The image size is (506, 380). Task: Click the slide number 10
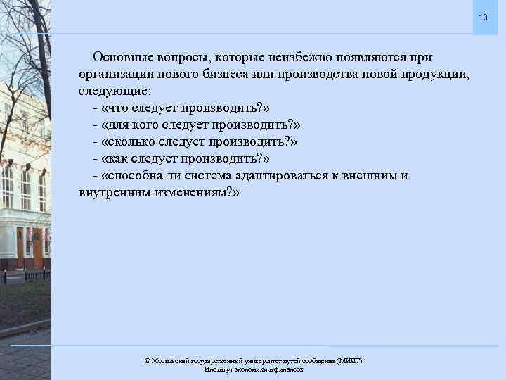coord(482,17)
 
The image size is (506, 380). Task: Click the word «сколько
coord(131,142)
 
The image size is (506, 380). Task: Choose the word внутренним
coord(113,193)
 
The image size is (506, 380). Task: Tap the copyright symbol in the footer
coord(147,360)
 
